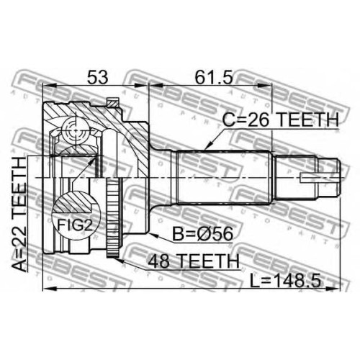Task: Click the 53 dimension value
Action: point(98,77)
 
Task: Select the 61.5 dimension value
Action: point(213,77)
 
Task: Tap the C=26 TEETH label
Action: point(281,120)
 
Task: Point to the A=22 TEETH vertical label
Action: point(19,214)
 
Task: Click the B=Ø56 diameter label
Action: point(203,234)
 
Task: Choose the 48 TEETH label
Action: point(194,261)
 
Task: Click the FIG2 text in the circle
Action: point(75,225)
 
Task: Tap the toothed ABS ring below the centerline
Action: point(113,217)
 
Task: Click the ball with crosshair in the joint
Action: point(76,131)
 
